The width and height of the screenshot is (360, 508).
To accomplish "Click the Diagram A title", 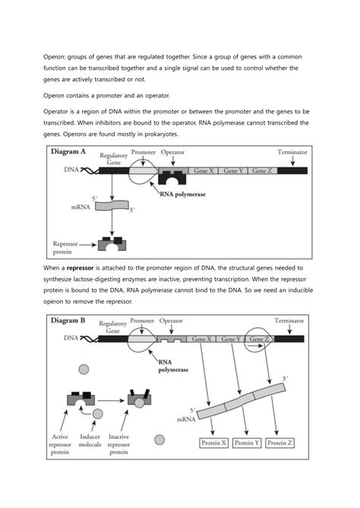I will tap(68, 152).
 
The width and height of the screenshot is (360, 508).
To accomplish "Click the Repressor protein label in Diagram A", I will tap(66, 248).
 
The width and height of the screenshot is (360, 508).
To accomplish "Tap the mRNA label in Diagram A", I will tap(71, 205).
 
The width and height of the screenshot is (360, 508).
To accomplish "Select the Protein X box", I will tap(213, 443).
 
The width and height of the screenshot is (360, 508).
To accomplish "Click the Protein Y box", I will tap(248, 443).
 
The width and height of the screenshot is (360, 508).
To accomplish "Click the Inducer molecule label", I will tap(96, 441).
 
